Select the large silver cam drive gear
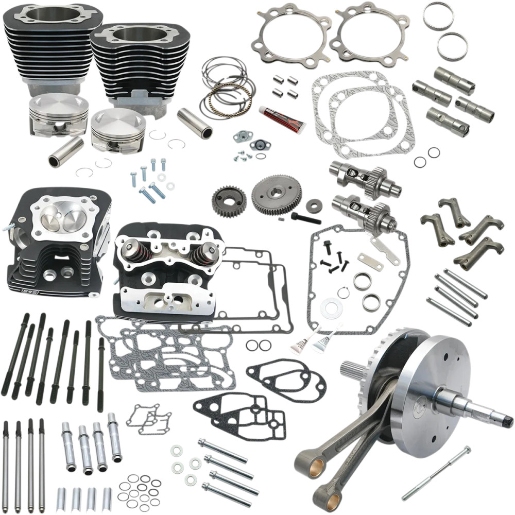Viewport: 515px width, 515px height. [276, 195]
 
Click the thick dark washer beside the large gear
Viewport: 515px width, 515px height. [312, 205]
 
